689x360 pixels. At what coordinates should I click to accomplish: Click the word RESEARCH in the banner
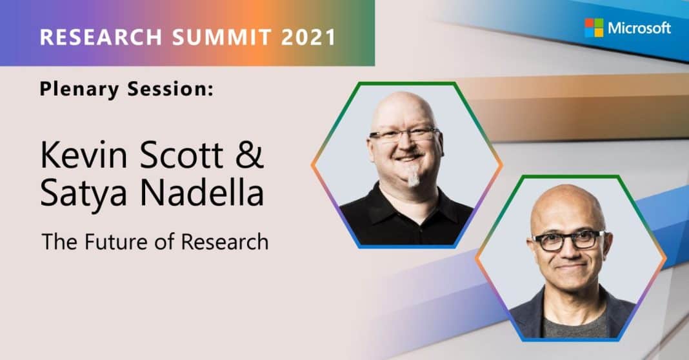tap(101, 37)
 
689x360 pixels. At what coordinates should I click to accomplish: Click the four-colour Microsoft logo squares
tap(594, 28)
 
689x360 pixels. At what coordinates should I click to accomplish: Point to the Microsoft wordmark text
tap(639, 28)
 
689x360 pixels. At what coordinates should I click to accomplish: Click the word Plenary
tap(79, 90)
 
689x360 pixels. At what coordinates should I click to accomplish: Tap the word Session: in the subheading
tap(170, 89)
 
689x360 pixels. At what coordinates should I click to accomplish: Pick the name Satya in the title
tap(83, 194)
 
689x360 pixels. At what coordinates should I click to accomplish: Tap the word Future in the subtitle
tap(110, 242)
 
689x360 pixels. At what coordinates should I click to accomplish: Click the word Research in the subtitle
tap(225, 242)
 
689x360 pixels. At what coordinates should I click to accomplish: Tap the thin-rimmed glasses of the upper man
tap(404, 134)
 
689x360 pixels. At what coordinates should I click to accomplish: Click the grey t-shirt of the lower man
tap(575, 323)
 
